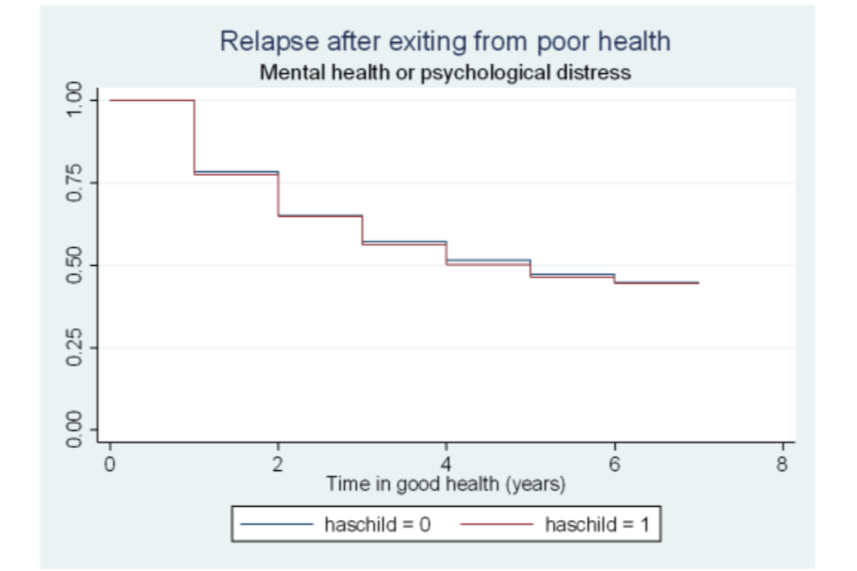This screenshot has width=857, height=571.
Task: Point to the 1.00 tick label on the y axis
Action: point(78,100)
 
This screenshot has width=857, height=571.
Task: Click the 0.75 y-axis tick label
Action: point(78,182)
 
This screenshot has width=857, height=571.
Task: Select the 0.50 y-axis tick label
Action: point(78,265)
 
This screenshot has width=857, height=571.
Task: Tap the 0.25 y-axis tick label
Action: point(78,347)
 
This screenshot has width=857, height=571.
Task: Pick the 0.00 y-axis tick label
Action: point(78,429)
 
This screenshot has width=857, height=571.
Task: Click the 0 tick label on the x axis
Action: point(110,465)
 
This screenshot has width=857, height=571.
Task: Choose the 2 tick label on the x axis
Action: point(278,465)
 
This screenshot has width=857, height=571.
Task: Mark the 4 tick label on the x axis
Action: point(446,465)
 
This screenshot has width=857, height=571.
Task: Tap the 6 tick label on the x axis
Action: point(614,465)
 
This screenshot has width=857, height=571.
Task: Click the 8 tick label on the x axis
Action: point(782,465)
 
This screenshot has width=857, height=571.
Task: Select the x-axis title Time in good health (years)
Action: point(445,484)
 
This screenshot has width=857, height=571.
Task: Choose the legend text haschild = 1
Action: point(598,525)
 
